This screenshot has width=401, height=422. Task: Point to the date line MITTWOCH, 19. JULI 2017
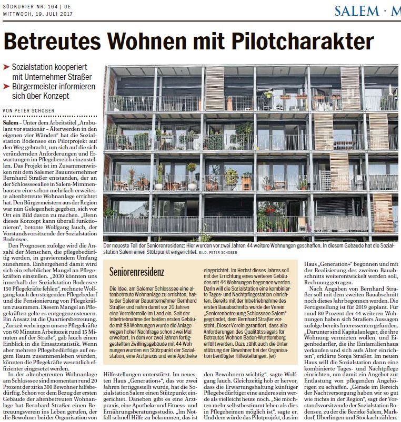(36, 14)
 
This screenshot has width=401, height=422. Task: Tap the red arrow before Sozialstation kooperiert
(6, 68)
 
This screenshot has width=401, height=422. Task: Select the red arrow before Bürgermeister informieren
(6, 87)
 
